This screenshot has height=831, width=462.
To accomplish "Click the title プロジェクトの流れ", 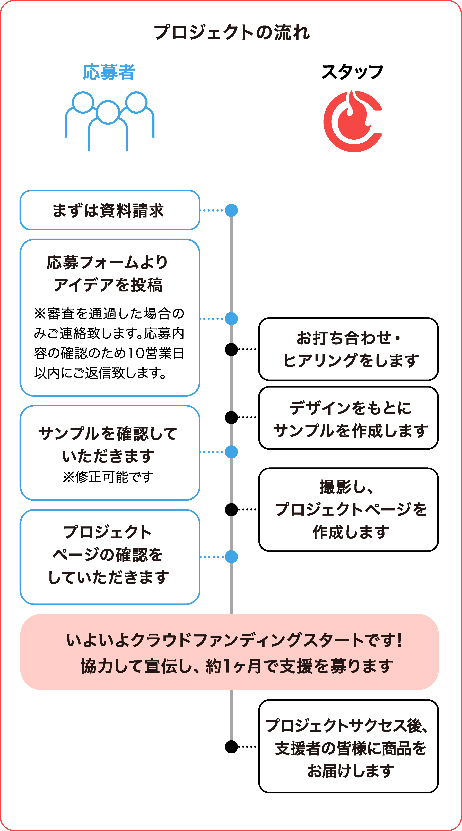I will coord(231,33).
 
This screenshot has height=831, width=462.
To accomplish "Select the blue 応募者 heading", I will coord(109,72).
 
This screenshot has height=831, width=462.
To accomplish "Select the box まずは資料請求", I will coord(110,210).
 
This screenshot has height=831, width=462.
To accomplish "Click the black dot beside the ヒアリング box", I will coord(231,349).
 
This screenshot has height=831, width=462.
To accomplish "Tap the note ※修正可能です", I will coord(108,477).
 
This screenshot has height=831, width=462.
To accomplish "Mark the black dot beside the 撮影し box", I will coord(231,510).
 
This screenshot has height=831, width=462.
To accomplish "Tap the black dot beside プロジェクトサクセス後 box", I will coord(231,746).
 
